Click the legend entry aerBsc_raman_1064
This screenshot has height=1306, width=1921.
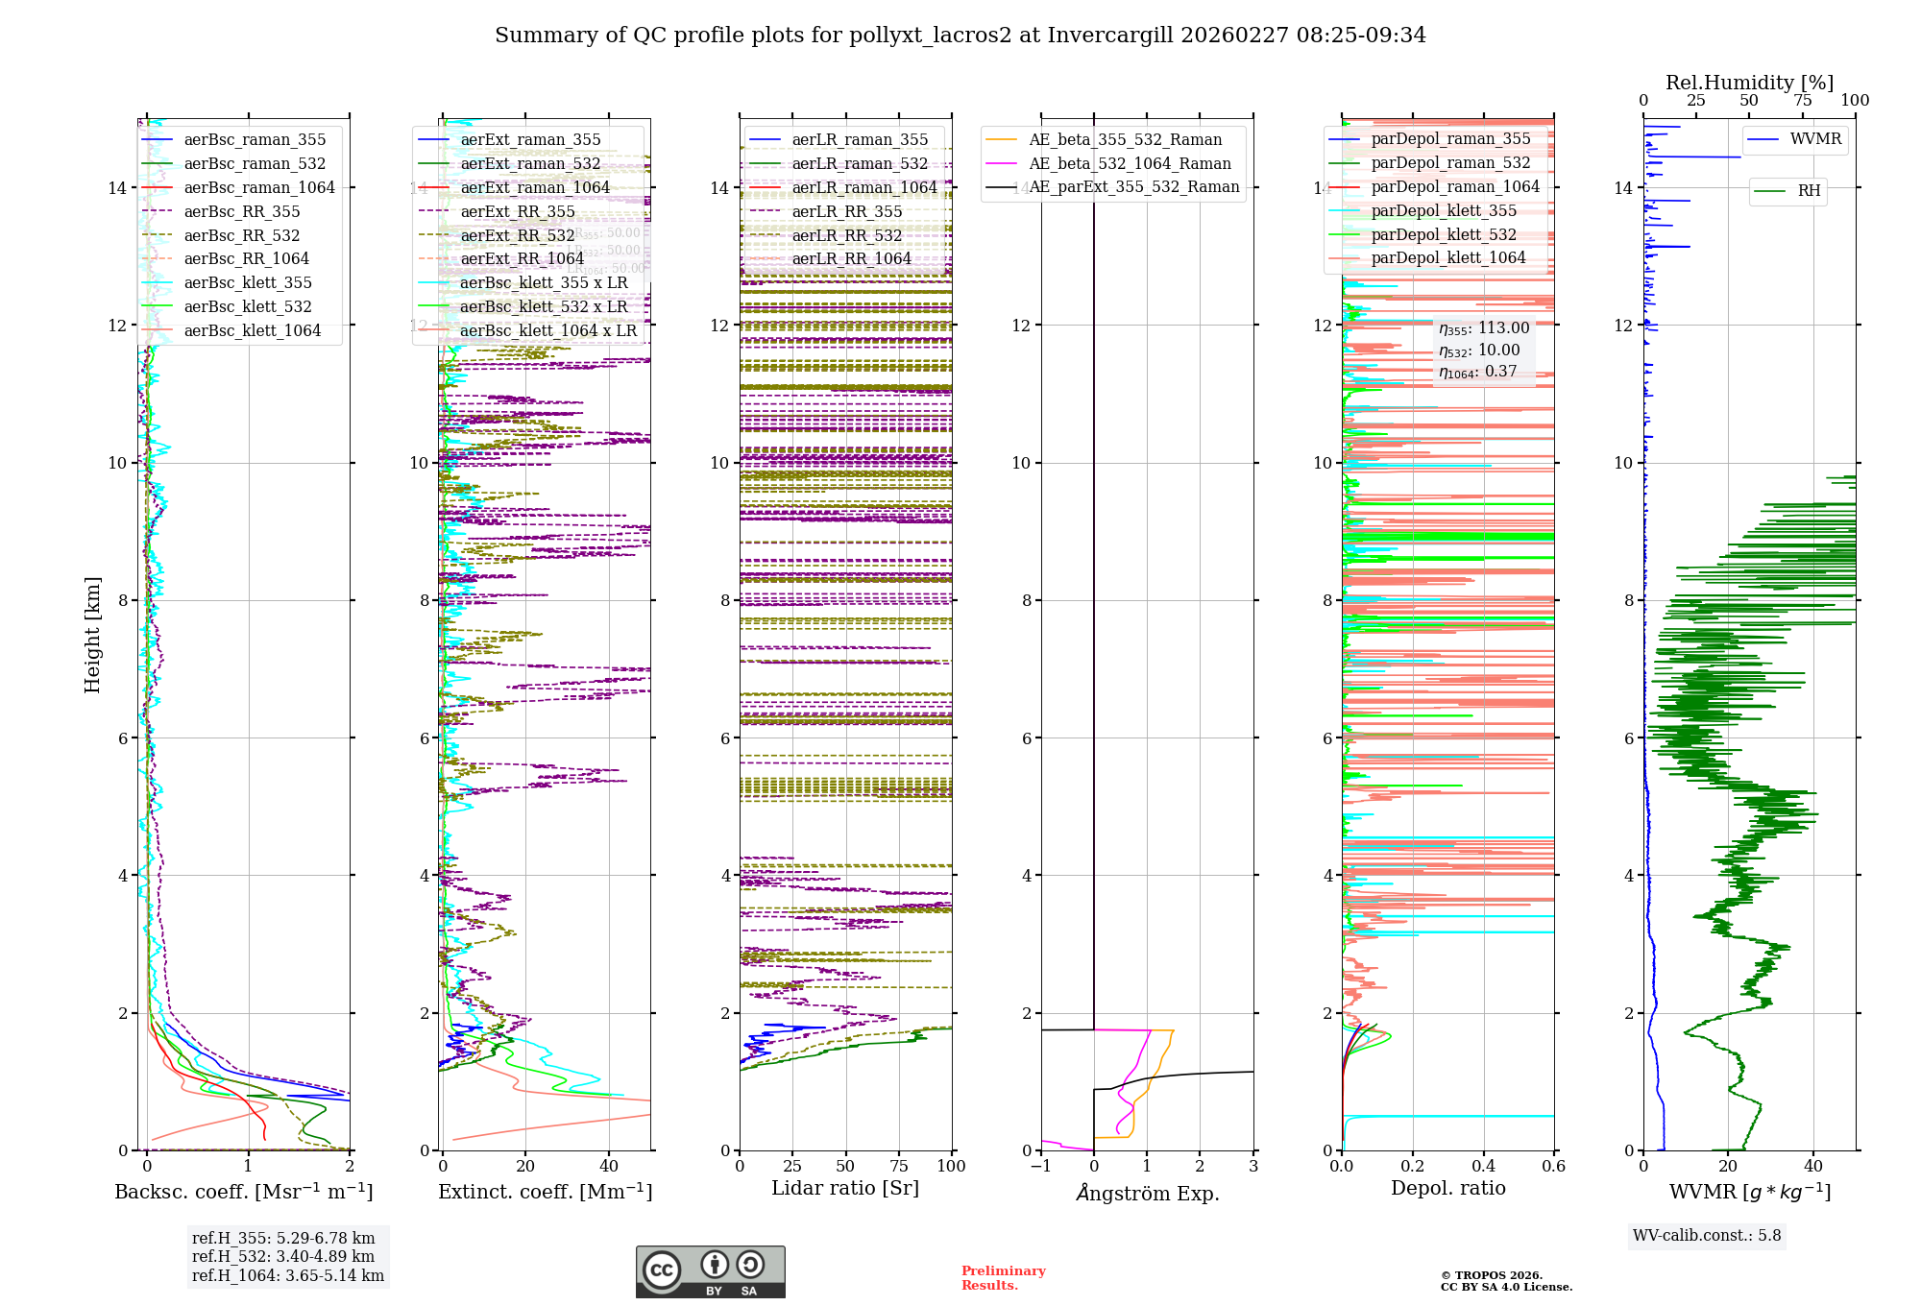pyautogui.click(x=259, y=187)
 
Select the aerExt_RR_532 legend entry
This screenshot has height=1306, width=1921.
pyautogui.click(x=518, y=235)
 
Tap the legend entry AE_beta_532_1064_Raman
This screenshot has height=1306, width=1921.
pyautogui.click(x=1130, y=163)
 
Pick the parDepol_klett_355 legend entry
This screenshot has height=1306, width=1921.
pyautogui.click(x=1444, y=210)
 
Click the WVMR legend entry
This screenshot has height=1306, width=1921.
pyautogui.click(x=1815, y=139)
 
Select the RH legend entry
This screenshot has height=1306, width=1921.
pyautogui.click(x=1809, y=191)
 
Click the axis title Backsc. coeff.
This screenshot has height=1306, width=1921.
pyautogui.click(x=243, y=1192)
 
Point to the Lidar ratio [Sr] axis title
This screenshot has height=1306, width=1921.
pyautogui.click(x=845, y=1188)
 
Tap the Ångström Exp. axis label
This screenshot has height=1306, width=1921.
pyautogui.click(x=1147, y=1193)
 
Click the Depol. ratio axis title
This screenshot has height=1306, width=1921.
pyautogui.click(x=1447, y=1188)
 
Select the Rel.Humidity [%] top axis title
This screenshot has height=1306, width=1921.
pyautogui.click(x=1749, y=83)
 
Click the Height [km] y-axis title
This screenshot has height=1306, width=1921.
pyautogui.click(x=92, y=634)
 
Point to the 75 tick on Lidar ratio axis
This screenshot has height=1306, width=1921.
pyautogui.click(x=899, y=1167)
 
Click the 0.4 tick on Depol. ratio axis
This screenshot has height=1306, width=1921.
pyautogui.click(x=1483, y=1167)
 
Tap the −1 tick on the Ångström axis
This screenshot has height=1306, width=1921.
pyautogui.click(x=1040, y=1167)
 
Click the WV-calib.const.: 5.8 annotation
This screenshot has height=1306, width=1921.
pyautogui.click(x=1707, y=1236)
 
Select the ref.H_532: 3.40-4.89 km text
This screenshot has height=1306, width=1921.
pyautogui.click(x=282, y=1257)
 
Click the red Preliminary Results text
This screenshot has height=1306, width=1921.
pyautogui.click(x=1003, y=1278)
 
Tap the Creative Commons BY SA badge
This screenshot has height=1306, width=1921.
pyautogui.click(x=710, y=1271)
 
